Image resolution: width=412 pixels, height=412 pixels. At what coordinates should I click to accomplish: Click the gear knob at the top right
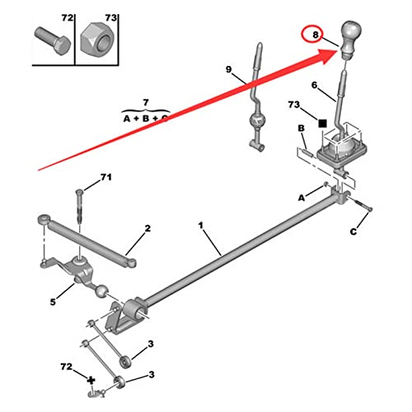351,39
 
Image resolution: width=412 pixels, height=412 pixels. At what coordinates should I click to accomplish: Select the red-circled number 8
316,35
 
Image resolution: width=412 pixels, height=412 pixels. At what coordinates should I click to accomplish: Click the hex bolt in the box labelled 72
53,41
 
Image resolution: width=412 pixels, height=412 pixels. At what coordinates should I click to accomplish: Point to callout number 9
229,69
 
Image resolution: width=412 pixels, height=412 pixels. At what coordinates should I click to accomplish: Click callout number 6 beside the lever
315,86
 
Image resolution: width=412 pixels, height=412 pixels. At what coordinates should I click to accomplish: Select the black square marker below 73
322,124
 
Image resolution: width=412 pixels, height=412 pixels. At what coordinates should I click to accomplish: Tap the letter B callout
302,129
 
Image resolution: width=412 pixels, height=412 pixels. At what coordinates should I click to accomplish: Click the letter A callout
302,198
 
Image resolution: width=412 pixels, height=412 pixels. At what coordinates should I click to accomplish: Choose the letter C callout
353,232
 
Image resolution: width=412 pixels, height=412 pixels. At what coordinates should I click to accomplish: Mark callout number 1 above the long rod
201,226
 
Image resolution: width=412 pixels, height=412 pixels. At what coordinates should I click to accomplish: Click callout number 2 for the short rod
147,228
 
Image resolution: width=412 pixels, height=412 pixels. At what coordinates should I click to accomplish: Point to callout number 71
106,177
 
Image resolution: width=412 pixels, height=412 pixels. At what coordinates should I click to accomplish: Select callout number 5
53,302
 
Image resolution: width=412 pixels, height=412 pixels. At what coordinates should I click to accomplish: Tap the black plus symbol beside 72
91,381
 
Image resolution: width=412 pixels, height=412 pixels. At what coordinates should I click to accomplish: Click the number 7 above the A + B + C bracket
146,103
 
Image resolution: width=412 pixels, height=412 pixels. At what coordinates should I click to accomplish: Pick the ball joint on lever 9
256,120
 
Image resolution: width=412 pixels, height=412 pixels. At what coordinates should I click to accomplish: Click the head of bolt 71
79,191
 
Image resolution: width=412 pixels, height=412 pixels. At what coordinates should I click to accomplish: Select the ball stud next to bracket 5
101,291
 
